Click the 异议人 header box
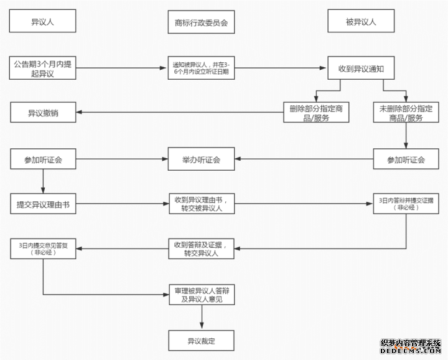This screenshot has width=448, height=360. point(43,22)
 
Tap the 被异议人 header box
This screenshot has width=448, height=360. point(361,22)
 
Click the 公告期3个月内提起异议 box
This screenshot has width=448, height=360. point(43,69)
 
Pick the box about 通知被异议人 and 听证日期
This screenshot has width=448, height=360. point(201,69)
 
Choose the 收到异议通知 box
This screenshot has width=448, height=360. point(361,69)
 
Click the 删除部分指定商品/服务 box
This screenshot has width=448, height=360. point(315,113)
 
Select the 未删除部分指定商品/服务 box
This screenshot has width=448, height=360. point(406,113)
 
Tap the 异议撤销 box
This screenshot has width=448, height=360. point(43,113)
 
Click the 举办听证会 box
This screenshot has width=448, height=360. point(201,159)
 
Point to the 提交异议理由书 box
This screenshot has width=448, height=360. point(43,204)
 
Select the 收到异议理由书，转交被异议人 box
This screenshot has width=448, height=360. point(201,204)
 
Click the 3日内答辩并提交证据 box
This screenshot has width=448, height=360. point(406,204)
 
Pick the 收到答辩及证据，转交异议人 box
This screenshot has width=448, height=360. point(201,249)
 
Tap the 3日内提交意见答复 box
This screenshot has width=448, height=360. point(43,249)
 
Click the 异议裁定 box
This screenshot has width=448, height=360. point(201,341)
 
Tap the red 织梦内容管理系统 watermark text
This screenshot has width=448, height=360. point(410,343)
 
